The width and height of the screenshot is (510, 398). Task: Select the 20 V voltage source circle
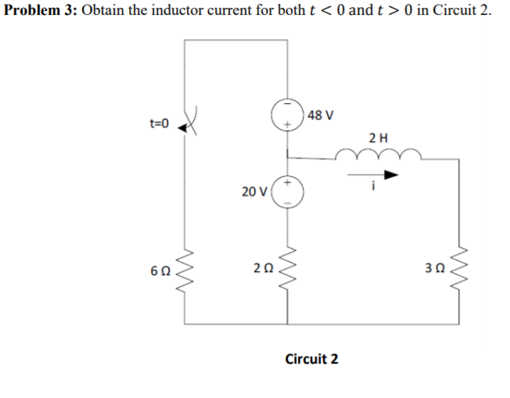coord(286,191)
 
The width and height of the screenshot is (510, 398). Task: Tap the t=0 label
coord(159,124)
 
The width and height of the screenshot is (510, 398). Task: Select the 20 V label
coord(254,191)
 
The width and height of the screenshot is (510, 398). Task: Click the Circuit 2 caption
coord(312,359)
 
